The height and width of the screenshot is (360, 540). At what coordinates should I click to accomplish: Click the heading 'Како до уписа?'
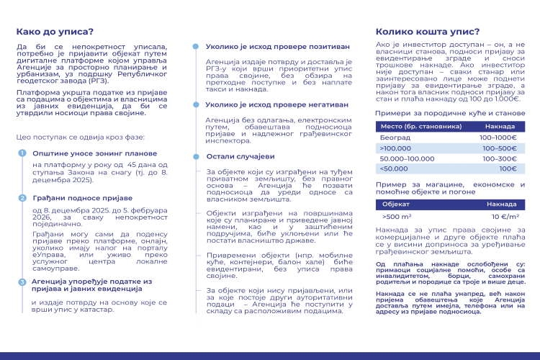click(x=55, y=32)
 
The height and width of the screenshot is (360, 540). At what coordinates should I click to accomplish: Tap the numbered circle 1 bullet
click(x=22, y=153)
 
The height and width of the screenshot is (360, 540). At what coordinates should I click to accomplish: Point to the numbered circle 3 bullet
click(x=22, y=282)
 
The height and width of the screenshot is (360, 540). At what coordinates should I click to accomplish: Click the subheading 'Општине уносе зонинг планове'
click(x=94, y=153)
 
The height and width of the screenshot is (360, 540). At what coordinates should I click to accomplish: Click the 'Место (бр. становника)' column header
click(x=415, y=126)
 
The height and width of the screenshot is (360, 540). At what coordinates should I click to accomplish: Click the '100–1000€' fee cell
click(x=498, y=137)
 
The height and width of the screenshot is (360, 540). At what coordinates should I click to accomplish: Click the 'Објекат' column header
click(x=396, y=204)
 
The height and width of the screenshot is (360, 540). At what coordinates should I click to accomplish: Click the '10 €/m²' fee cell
click(x=505, y=216)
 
